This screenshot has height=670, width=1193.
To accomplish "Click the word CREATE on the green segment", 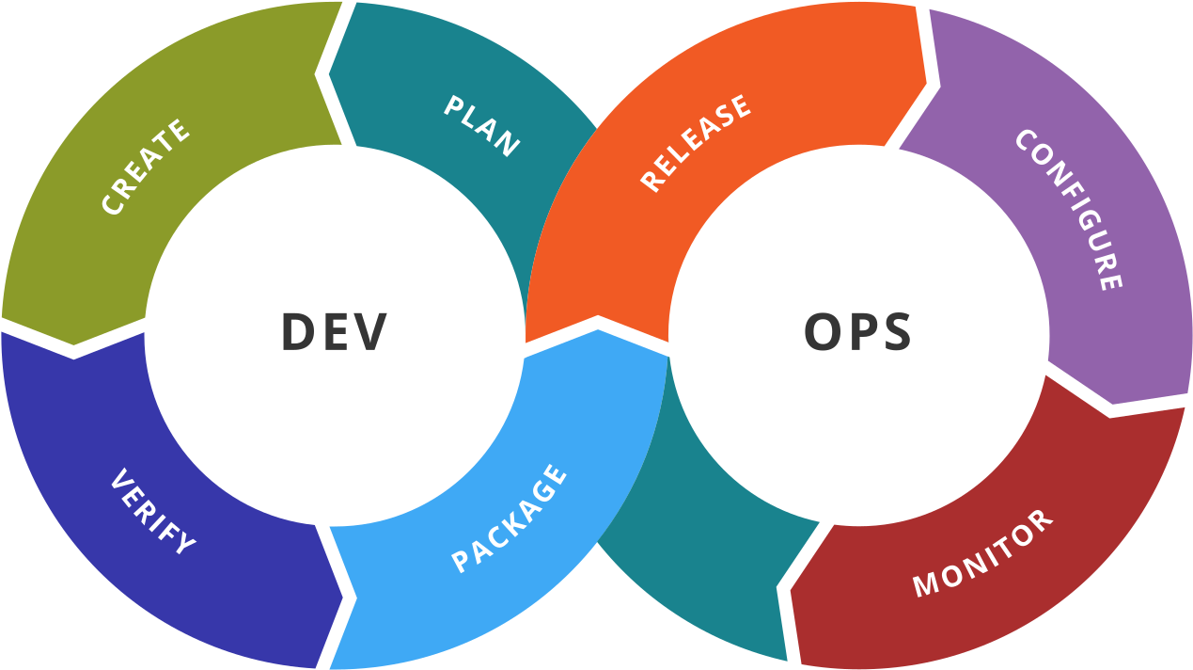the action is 146,167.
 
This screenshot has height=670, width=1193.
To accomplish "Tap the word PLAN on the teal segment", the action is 482,126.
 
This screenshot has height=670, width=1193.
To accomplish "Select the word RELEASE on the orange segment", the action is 696,143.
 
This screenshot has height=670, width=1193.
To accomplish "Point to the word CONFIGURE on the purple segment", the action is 1070,210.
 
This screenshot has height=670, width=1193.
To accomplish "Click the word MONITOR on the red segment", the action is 983,553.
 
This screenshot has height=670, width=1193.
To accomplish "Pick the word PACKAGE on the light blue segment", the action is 510,518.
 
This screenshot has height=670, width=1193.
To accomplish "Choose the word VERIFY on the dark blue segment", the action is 153,512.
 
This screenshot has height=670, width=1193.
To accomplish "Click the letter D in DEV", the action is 298,331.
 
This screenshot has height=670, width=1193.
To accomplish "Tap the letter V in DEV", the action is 369,331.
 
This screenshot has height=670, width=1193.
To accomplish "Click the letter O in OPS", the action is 822,331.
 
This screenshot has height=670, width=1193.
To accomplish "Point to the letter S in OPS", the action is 897,331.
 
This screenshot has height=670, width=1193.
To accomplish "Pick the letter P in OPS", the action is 861,331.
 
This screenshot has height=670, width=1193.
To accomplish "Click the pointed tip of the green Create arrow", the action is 73,345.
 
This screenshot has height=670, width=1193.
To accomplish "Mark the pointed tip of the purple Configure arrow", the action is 1112,404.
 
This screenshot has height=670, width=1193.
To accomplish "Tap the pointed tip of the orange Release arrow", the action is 926,84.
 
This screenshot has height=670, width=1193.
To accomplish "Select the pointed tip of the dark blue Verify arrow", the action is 342,597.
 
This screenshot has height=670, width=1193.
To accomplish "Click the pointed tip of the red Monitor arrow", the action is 790,590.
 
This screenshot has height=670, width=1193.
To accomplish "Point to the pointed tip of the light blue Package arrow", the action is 598,329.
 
